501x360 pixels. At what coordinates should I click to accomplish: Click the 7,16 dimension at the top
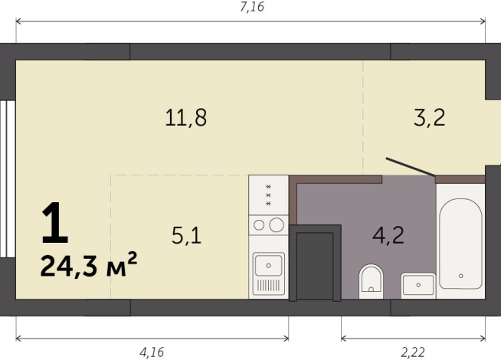pos(251,8)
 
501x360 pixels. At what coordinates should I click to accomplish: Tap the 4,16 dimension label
pos(152,352)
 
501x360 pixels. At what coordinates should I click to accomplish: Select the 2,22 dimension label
pos(414,352)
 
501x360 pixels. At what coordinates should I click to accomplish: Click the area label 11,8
pos(186,118)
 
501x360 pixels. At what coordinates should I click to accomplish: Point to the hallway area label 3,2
pos(429,118)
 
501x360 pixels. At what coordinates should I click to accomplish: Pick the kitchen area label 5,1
pos(186,236)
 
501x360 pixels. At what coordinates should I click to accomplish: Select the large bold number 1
pos(55,223)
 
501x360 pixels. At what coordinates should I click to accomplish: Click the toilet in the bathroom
pos(371,281)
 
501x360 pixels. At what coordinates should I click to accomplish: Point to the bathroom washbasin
pos(418,285)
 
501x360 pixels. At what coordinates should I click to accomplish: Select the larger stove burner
pos(277,224)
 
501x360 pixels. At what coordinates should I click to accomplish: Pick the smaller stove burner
pos(259,225)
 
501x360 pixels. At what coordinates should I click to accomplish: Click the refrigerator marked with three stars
pos(268,195)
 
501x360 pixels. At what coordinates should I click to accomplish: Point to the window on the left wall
pos(7,180)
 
